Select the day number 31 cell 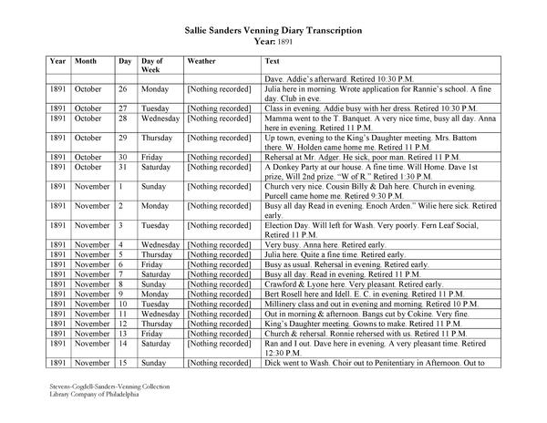tap(123, 167)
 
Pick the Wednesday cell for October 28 tap(160, 119)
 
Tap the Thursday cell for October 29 tap(158, 138)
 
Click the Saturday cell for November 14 tap(158, 343)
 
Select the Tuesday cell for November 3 tap(156, 224)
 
